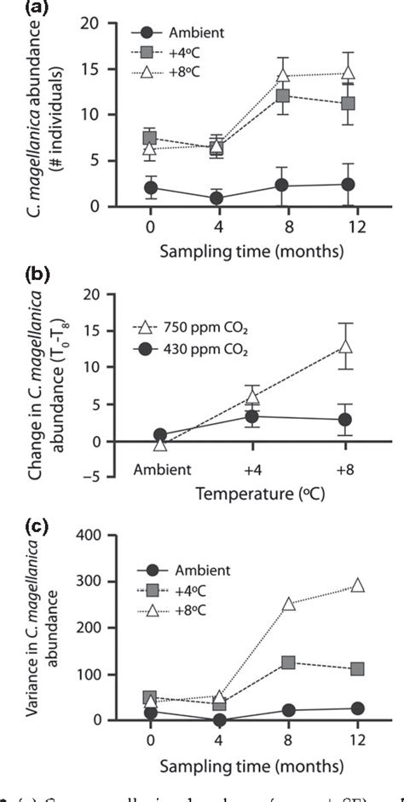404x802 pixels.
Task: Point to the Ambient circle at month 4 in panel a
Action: [x=216, y=198]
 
